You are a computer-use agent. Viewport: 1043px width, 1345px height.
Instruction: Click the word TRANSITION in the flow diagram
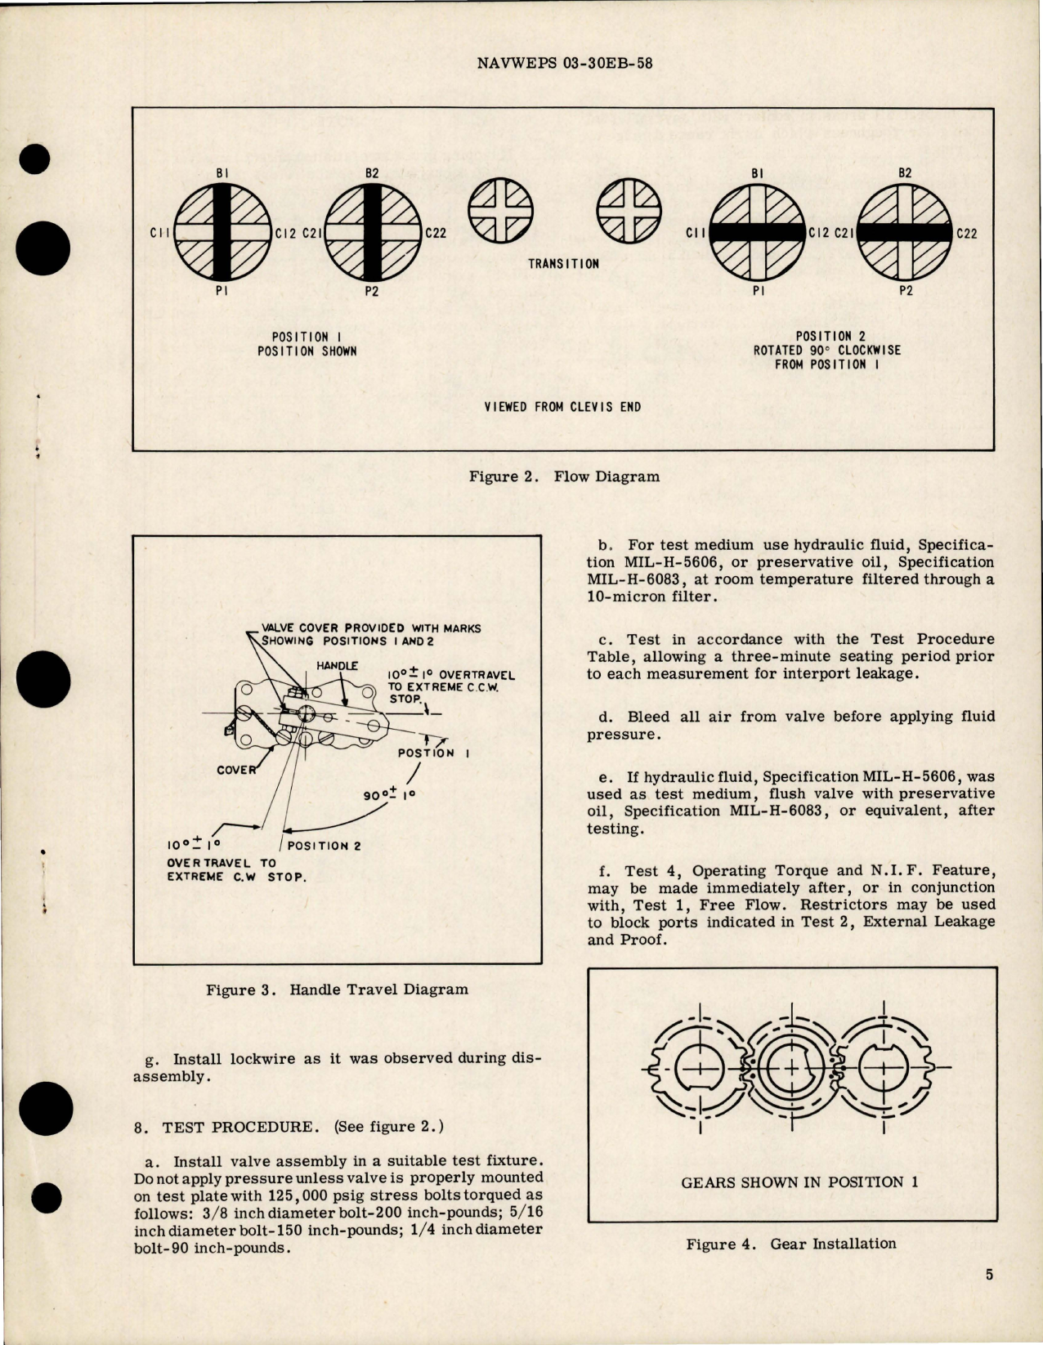[563, 264]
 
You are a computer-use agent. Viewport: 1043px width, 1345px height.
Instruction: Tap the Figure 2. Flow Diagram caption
[564, 476]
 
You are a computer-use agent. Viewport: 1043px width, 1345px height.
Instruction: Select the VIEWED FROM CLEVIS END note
[562, 407]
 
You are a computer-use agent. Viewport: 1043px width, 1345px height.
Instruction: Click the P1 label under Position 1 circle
[222, 291]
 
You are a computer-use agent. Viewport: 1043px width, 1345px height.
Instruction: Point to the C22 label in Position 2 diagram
[966, 233]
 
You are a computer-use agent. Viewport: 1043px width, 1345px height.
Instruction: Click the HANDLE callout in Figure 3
[337, 666]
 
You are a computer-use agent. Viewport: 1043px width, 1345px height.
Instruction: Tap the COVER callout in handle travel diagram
[236, 770]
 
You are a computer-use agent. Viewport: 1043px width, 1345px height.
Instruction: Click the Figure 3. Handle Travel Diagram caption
[337, 990]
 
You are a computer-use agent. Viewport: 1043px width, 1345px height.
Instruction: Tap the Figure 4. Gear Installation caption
[790, 1244]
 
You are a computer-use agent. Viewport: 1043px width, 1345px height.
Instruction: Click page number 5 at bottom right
[989, 1275]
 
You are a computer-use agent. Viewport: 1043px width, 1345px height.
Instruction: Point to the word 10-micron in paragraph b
[622, 597]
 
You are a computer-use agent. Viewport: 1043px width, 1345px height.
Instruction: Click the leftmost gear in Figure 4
[700, 1067]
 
